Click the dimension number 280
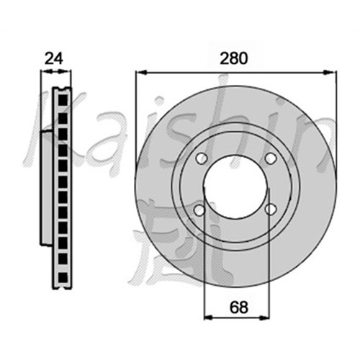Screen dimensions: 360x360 tap(233, 58)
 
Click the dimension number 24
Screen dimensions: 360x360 tap(54, 58)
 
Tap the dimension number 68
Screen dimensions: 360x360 tap(238, 307)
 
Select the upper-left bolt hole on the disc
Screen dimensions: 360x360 tap(202, 158)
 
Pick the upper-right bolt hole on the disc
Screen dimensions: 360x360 tap(271, 158)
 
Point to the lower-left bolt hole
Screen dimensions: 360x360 tap(199, 210)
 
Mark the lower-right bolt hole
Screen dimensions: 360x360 tap(271, 210)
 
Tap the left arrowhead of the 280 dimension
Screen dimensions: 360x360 tap(141, 72)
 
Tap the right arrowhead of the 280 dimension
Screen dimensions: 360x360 tap(330, 72)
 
